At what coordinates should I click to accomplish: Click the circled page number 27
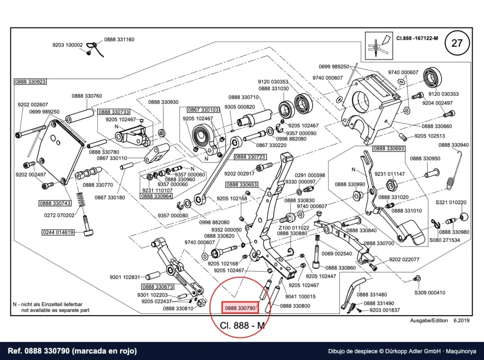click(457, 43)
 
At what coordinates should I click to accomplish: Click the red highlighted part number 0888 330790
click(240, 308)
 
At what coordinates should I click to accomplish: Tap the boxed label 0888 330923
click(31, 82)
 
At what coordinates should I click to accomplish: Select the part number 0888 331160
click(119, 40)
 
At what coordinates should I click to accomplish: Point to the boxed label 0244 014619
click(58, 232)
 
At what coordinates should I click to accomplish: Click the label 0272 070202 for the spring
click(59, 215)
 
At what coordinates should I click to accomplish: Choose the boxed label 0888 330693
click(389, 148)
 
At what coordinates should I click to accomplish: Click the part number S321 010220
click(451, 202)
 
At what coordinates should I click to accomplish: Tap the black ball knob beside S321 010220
click(464, 217)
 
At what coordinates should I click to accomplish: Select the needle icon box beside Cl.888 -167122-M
click(379, 46)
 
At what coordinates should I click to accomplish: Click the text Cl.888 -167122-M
click(417, 39)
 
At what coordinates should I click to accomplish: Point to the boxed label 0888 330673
click(158, 287)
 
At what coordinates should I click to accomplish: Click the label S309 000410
click(430, 293)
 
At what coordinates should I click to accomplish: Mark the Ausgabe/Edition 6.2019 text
click(440, 320)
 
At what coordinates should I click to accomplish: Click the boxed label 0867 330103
click(203, 110)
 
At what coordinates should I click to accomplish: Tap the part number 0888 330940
click(453, 145)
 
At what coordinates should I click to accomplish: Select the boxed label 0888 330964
click(156, 196)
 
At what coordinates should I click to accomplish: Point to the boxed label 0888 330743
click(55, 203)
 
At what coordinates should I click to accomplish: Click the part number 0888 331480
click(372, 295)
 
